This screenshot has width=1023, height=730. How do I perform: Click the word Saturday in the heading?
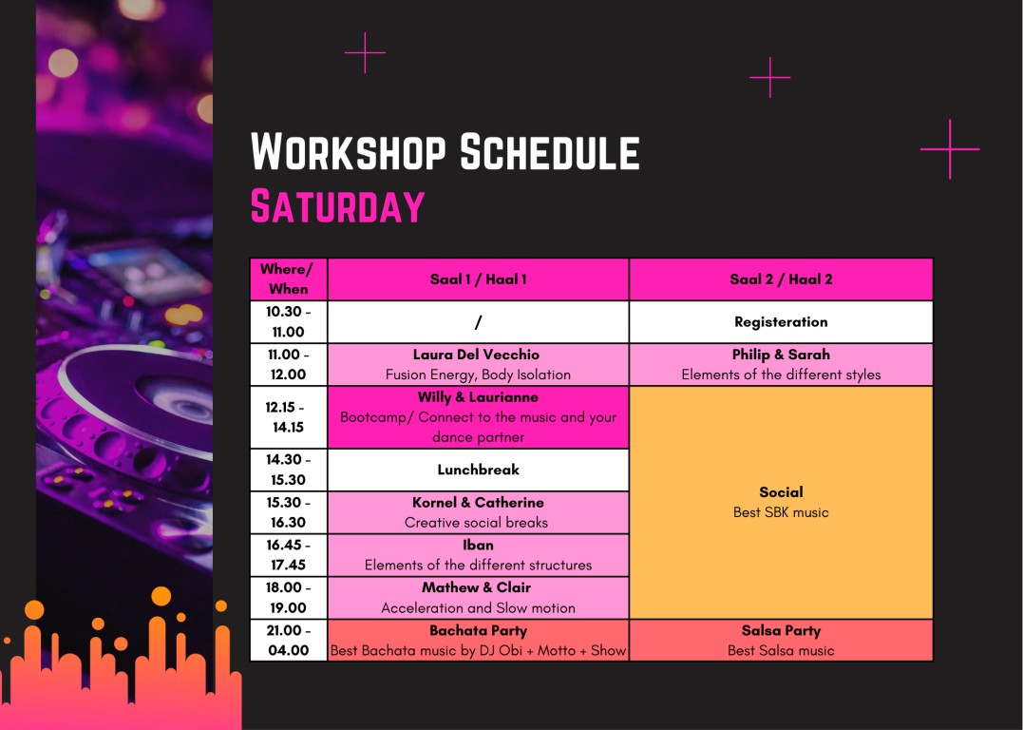pos(337,206)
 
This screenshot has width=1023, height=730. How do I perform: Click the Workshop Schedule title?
pos(445,151)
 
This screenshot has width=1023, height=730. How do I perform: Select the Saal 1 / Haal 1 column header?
pos(478,279)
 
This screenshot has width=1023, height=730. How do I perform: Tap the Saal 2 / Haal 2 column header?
pos(781,279)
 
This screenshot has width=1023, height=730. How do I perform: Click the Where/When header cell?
pos(289,279)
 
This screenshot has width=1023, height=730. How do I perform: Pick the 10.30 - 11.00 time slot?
pos(289,322)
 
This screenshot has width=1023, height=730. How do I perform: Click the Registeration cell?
pos(781,322)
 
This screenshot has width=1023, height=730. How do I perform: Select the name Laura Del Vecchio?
pos(476,355)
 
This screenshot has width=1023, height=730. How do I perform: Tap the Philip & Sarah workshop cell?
pos(781,364)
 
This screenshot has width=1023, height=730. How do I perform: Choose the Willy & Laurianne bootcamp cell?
pos(478,417)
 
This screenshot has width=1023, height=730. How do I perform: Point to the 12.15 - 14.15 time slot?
pos(289,417)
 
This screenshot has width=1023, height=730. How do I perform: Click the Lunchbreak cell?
pos(478,470)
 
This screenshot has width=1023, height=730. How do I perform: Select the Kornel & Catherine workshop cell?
pos(478,512)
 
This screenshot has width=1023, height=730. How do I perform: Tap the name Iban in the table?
pos(478,546)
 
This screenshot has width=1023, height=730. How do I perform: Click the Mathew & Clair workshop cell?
pos(478,598)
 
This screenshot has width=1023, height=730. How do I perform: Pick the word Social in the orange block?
pos(781,492)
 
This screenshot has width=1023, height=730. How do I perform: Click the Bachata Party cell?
pos(478,641)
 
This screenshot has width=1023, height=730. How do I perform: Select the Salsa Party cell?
pos(781,641)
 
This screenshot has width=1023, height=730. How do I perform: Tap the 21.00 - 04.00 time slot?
pos(289,641)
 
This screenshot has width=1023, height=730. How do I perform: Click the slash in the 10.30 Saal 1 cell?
pos(478,322)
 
